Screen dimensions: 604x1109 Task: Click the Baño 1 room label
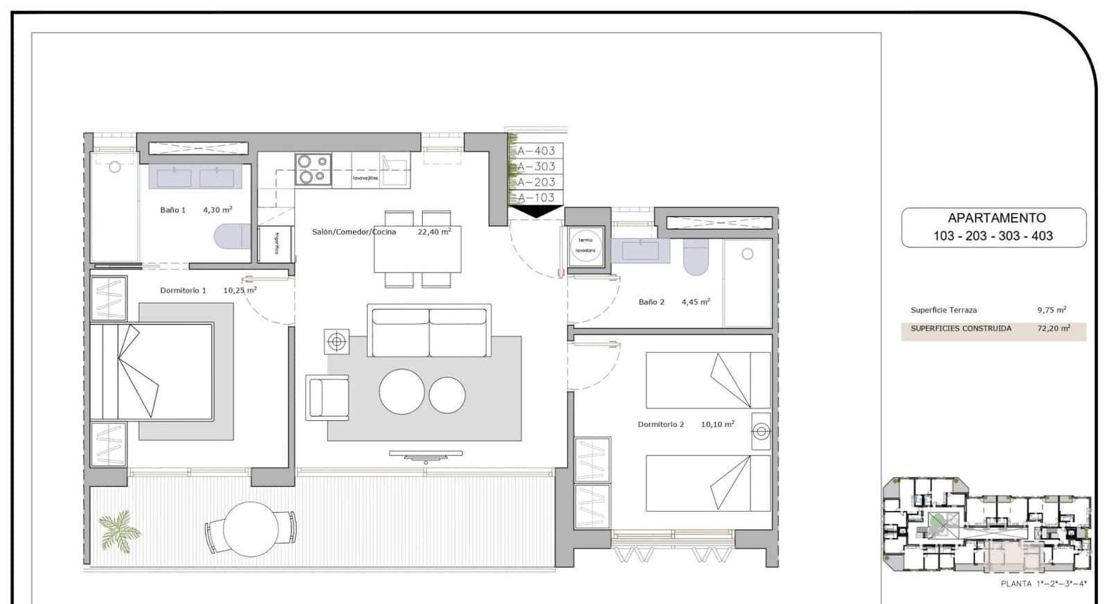click(x=173, y=210)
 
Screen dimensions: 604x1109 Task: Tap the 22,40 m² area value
click(x=434, y=232)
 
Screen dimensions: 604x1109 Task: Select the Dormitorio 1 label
click(x=183, y=291)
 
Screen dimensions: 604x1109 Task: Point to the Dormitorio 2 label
click(x=661, y=424)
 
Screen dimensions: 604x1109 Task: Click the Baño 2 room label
click(x=652, y=302)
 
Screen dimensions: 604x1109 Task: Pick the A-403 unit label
click(x=536, y=150)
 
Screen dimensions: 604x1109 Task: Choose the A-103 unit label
click(x=536, y=198)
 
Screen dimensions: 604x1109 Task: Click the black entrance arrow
click(x=536, y=212)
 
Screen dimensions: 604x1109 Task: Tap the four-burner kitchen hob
click(x=313, y=169)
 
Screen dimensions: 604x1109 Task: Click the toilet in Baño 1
click(x=232, y=236)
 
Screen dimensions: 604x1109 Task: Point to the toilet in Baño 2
click(x=697, y=257)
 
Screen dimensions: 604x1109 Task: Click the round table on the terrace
click(x=250, y=529)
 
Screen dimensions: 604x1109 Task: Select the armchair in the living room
click(x=328, y=397)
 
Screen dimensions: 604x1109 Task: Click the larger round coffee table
click(x=402, y=392)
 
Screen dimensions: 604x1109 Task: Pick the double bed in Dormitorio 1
click(x=152, y=372)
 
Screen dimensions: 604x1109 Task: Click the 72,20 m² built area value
click(x=1054, y=329)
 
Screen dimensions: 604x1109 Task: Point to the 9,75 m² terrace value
click(x=1051, y=310)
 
